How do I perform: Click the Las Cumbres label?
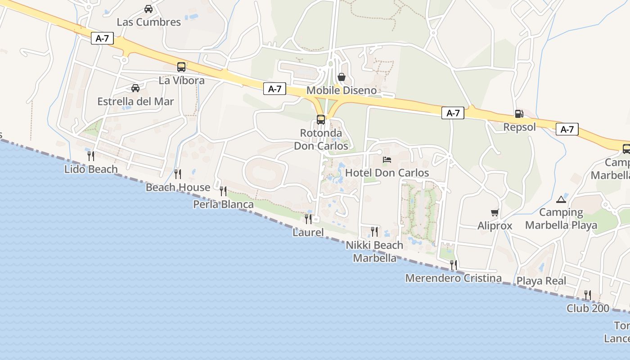coord(148,22)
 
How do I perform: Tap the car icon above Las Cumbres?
coord(148,9)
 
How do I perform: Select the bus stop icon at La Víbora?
coord(181,67)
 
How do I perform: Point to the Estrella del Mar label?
coord(135,101)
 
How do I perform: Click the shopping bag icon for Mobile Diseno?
coord(342,77)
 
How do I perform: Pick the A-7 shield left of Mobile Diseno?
coord(274,89)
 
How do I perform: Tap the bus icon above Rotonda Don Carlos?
coord(320,120)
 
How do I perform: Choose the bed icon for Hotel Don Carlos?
coord(387,159)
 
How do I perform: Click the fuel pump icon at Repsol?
coord(519,114)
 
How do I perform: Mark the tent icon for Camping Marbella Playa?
coord(561,199)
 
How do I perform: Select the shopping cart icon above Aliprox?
coord(495,212)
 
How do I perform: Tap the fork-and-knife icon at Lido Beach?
coord(91,156)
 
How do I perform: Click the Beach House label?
coord(178,187)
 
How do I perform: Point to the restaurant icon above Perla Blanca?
coord(223,191)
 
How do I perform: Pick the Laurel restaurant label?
coord(308,233)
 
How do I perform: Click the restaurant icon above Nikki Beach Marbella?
coord(374,232)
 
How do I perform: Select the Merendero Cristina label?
coord(453,278)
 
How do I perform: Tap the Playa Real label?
coord(541,281)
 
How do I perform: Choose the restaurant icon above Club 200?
coord(587,295)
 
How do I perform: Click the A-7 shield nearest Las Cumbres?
coord(102,38)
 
